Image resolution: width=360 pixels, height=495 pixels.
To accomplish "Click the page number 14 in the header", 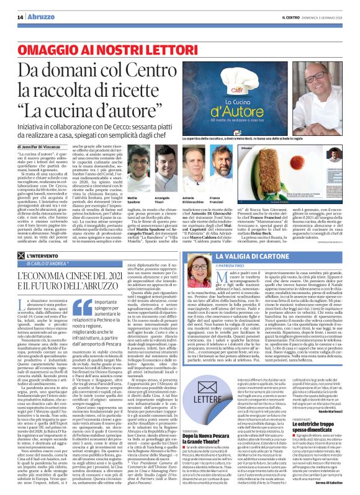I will (19, 7).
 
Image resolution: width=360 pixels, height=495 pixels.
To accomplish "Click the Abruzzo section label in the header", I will (38, 7).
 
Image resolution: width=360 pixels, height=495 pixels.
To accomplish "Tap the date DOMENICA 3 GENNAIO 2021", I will (323, 7).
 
